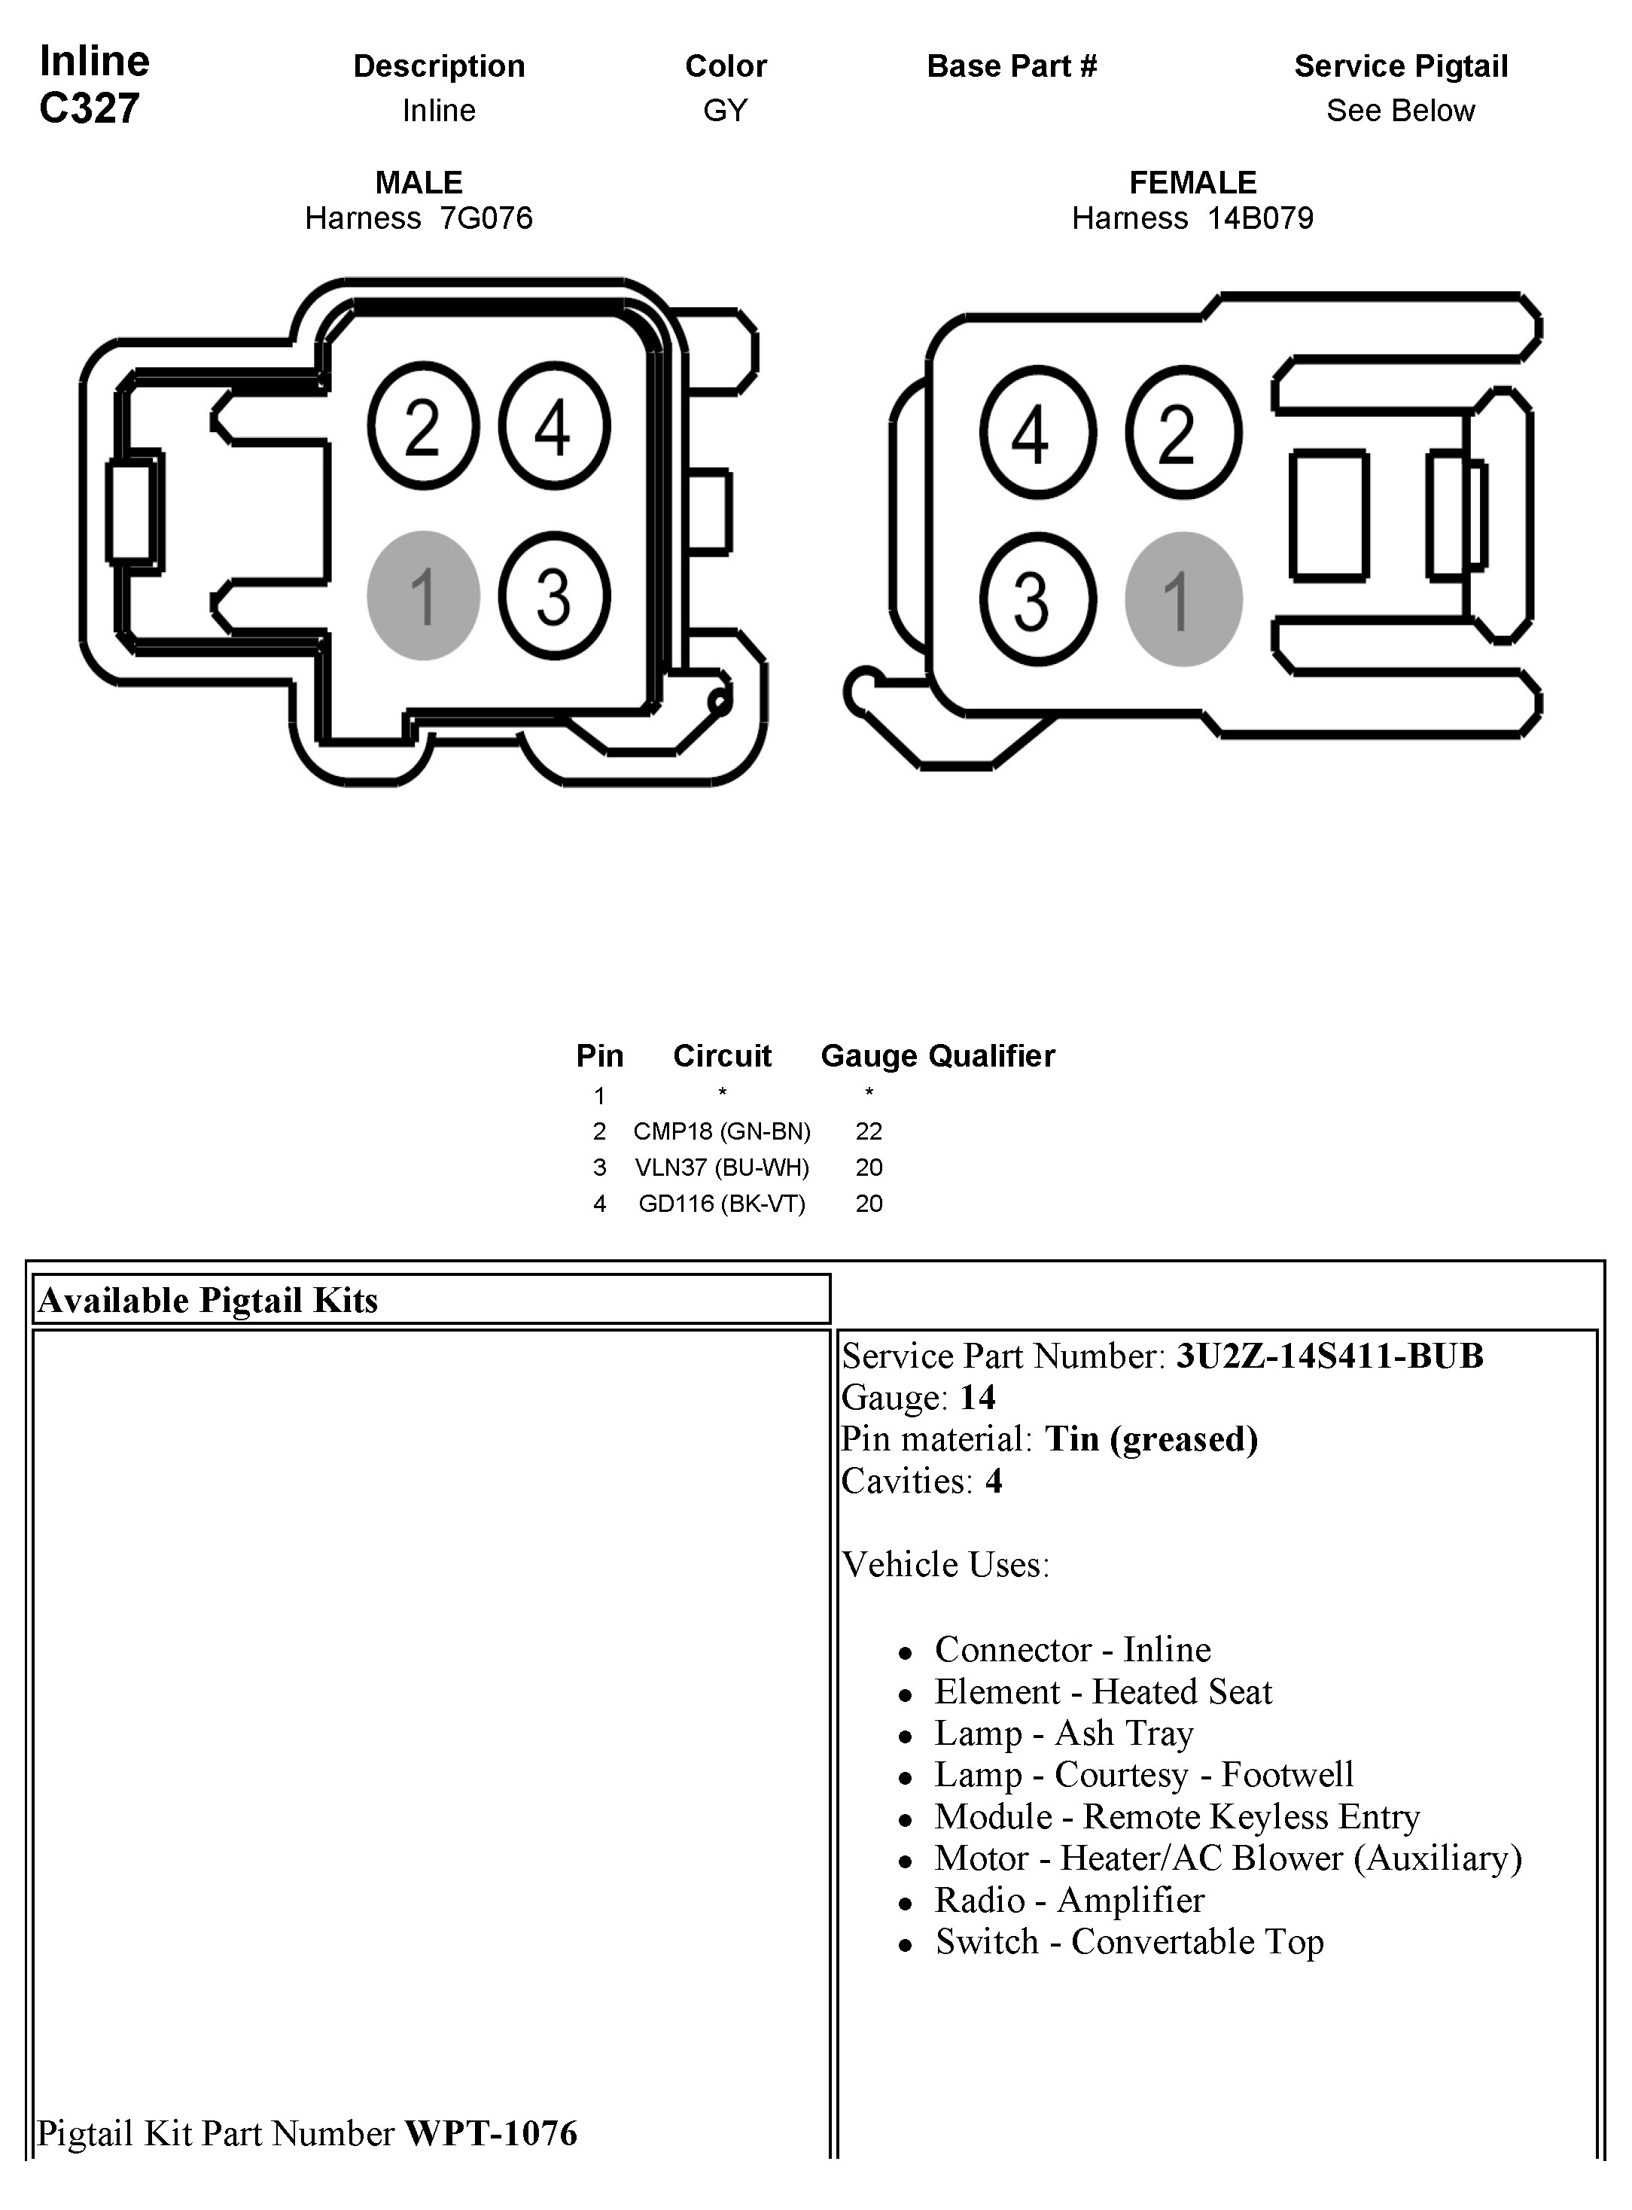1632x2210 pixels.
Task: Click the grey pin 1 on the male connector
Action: [423, 595]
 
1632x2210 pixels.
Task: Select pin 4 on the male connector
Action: [553, 427]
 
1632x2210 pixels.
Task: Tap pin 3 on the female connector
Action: [1037, 600]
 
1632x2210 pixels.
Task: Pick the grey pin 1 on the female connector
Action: [1183, 600]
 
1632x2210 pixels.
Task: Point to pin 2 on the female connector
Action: [1183, 433]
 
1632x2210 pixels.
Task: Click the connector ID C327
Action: [89, 108]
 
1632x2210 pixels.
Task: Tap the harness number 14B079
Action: [1259, 218]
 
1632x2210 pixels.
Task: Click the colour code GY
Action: [725, 111]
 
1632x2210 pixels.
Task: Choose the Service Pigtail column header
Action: [1400, 66]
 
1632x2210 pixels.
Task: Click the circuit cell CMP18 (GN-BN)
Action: [721, 1131]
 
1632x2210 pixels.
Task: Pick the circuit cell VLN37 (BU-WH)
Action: [721, 1167]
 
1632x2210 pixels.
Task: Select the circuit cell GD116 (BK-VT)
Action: [721, 1204]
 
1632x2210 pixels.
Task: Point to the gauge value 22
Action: [869, 1131]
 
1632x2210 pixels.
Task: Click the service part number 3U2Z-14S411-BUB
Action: [1329, 1356]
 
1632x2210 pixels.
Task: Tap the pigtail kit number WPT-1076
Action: [491, 2134]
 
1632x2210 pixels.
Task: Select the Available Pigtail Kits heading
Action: [209, 1300]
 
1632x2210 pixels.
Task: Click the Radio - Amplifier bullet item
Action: [1069, 1900]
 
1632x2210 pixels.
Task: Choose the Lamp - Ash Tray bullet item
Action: [1064, 1733]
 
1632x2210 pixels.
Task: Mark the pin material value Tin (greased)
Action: [1151, 1439]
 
